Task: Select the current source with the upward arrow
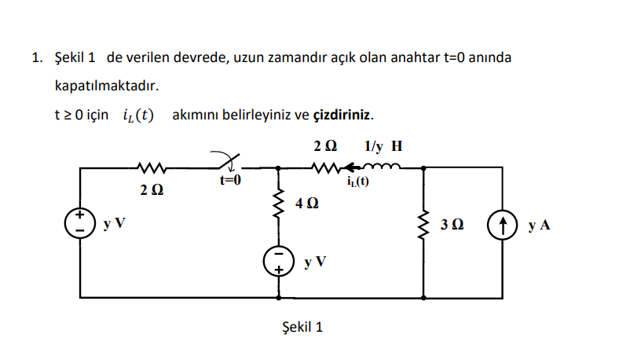click(502, 225)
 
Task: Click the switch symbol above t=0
click(228, 163)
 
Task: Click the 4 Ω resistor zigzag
click(278, 206)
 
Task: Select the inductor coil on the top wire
click(383, 166)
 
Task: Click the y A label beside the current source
click(540, 226)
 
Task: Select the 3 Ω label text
click(453, 226)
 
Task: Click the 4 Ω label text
click(308, 204)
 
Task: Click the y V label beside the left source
click(114, 224)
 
